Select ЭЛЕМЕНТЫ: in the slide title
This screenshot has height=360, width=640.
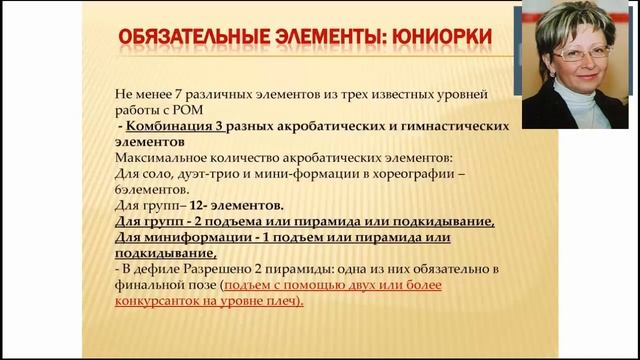(324, 38)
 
